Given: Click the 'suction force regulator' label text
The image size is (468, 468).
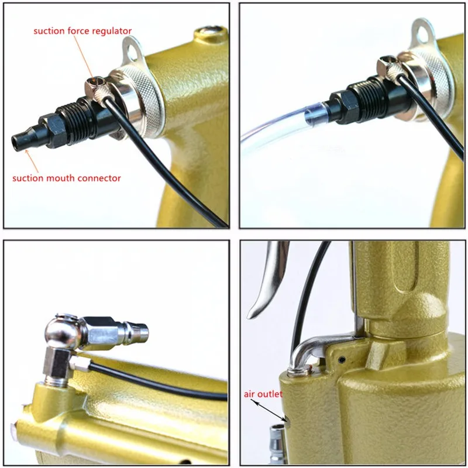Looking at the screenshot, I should (x=82, y=30).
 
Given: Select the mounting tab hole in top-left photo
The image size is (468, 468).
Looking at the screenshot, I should (x=133, y=51).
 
